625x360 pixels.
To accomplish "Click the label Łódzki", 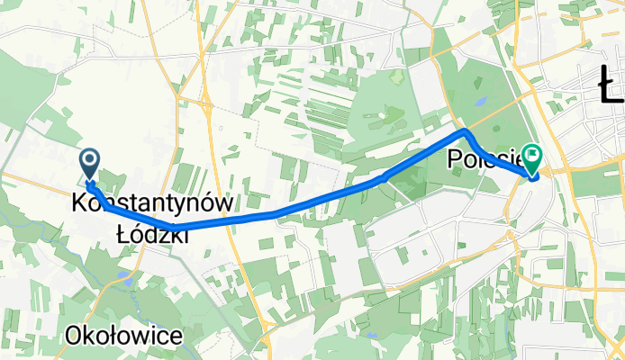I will point(152,234).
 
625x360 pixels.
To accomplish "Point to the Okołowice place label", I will point(123,337).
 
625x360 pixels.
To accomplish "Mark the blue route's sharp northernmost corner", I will point(466,131).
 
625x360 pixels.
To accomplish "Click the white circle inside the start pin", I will point(91,160).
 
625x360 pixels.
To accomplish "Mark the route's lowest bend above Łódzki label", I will point(168,226).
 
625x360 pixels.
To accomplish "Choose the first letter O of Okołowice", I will point(73,337).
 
